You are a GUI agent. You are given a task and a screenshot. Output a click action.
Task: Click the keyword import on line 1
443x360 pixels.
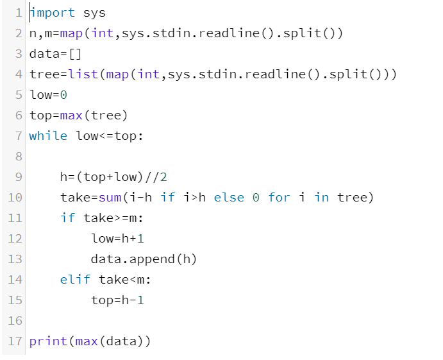pyautogui.click(x=53, y=13)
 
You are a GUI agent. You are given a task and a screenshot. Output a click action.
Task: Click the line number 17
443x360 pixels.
pyautogui.click(x=15, y=341)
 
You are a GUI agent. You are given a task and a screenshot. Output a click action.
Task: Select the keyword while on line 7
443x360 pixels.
pyautogui.click(x=48, y=135)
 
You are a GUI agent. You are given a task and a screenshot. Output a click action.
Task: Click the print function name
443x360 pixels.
pyautogui.click(x=48, y=341)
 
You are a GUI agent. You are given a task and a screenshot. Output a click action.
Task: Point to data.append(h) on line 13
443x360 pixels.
pyautogui.click(x=144, y=259)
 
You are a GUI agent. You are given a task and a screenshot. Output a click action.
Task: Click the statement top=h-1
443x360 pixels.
pyautogui.click(x=118, y=300)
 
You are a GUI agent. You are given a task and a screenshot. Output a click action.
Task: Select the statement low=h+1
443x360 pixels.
pyautogui.click(x=118, y=238)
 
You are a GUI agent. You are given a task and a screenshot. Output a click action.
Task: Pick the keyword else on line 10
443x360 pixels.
pyautogui.click(x=229, y=197)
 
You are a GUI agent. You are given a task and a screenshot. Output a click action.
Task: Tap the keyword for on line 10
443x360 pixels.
pyautogui.click(x=279, y=197)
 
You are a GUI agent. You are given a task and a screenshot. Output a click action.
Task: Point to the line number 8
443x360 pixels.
pyautogui.click(x=19, y=156)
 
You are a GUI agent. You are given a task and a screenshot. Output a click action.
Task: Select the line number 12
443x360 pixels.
pyautogui.click(x=15, y=238)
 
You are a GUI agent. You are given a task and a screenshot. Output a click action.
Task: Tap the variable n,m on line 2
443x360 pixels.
pyautogui.click(x=40, y=33)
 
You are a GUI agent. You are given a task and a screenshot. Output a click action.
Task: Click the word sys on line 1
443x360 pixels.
pyautogui.click(x=95, y=13)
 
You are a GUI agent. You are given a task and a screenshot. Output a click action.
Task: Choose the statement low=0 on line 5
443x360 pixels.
pyautogui.click(x=48, y=95)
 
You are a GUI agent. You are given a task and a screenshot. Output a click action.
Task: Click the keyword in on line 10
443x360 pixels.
pyautogui.click(x=322, y=197)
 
